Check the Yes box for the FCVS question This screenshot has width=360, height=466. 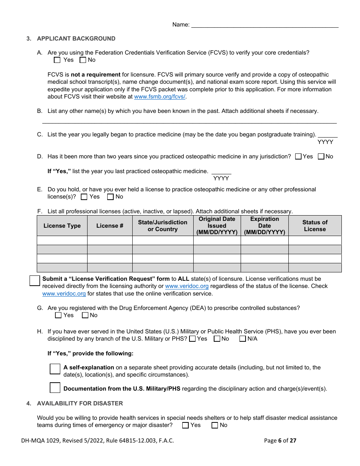[57, 60]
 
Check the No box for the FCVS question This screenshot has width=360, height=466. [83, 60]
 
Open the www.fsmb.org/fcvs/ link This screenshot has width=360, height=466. [160, 97]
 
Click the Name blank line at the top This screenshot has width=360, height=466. [265, 25]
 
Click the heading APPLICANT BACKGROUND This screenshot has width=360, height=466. [76, 39]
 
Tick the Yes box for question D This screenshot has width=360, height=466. [298, 156]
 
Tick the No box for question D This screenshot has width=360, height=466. [321, 156]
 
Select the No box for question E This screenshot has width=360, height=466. [110, 197]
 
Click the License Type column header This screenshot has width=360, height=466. [62, 226]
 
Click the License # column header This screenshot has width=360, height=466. [110, 226]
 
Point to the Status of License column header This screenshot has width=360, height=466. [315, 226]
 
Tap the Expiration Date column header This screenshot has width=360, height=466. [265, 226]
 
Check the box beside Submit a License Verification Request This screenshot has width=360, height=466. [34, 281]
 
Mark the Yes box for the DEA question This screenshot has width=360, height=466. [58, 315]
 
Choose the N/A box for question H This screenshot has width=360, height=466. [243, 339]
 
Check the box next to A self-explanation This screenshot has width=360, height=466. [55, 369]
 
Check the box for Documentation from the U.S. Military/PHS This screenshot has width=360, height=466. [55, 388]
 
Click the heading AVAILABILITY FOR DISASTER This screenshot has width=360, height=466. [80, 403]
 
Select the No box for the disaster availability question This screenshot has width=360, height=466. [215, 425]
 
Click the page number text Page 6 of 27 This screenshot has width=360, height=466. [280, 441]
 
